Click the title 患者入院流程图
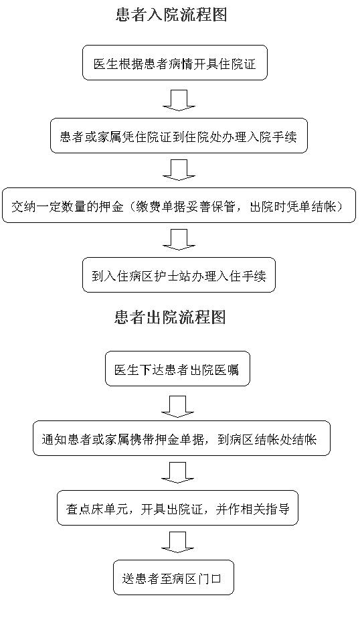tap(171, 15)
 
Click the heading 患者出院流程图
tap(170, 317)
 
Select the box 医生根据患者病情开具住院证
tap(175, 63)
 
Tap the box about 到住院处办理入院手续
tap(179, 135)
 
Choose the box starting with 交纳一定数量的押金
tap(179, 206)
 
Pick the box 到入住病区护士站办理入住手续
tap(179, 274)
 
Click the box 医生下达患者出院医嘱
tap(177, 369)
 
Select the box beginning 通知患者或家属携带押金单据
tap(181, 439)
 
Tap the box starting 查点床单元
tap(177, 508)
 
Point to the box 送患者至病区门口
tap(173, 577)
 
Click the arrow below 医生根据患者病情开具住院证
tap(179, 100)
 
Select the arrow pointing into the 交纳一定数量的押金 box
tap(179, 170)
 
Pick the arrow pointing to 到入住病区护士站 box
tap(179, 240)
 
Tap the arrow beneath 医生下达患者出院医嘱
tap(177, 406)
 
